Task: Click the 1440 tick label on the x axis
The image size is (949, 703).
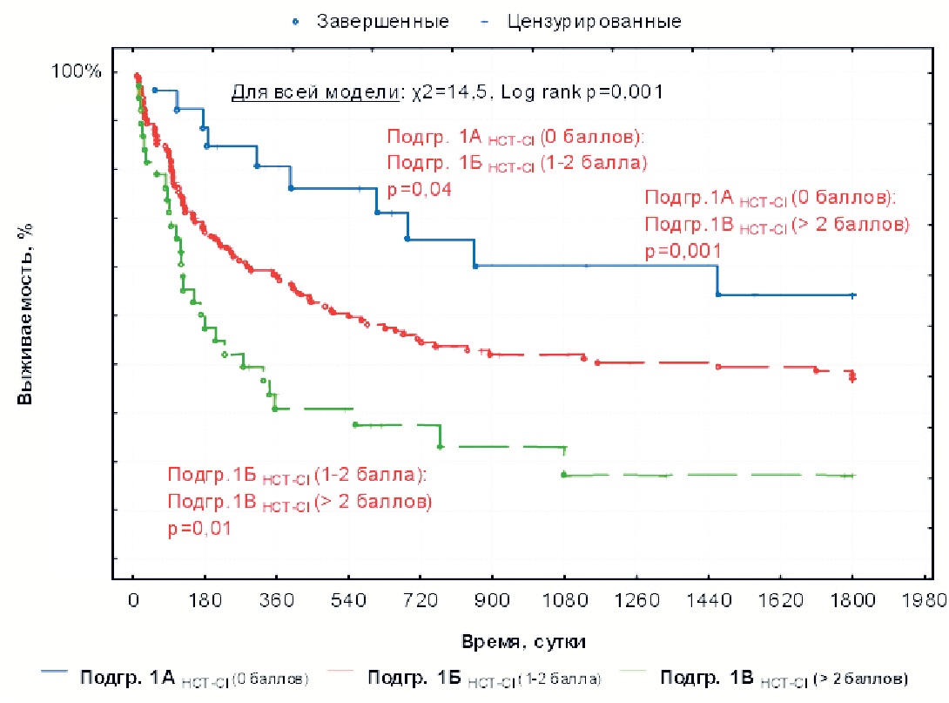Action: (x=707, y=600)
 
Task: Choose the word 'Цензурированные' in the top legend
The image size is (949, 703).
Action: (x=594, y=20)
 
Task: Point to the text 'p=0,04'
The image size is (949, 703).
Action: (x=420, y=190)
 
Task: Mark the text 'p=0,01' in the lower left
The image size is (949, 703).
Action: (x=199, y=527)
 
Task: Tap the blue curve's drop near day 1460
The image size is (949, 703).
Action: (x=717, y=281)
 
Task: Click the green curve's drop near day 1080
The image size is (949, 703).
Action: (x=564, y=462)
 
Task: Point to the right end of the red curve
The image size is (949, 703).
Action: (x=852, y=376)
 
